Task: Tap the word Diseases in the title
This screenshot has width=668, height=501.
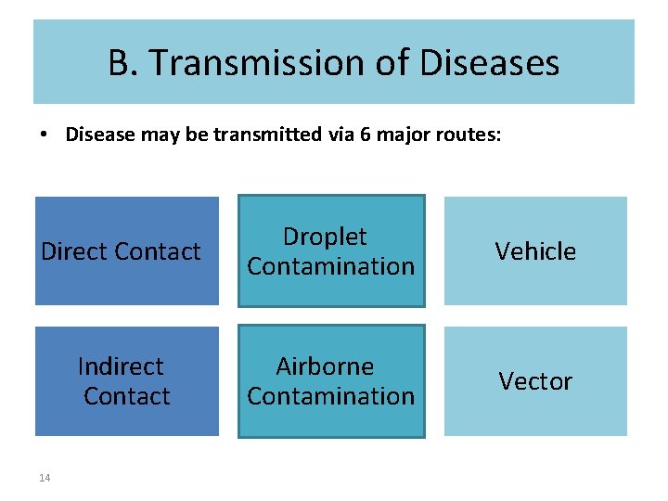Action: [491, 63]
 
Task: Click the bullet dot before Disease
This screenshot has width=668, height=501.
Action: [44, 135]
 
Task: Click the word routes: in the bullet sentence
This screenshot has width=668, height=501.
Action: [471, 135]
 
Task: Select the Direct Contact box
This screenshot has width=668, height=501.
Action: [127, 250]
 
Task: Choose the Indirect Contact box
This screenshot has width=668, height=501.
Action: [127, 380]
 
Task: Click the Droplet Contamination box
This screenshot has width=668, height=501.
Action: [331, 250]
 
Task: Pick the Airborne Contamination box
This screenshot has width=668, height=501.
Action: [331, 380]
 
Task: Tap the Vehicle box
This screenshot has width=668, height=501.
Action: [535, 250]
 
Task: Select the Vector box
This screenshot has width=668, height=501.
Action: [535, 380]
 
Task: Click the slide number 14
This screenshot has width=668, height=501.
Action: [45, 478]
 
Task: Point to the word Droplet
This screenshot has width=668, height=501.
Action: [325, 237]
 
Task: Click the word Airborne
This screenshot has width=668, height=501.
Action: [325, 366]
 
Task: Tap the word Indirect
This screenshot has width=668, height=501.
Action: [121, 366]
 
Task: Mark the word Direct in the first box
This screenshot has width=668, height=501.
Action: [73, 251]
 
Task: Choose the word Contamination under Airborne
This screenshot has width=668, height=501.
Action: [331, 396]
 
